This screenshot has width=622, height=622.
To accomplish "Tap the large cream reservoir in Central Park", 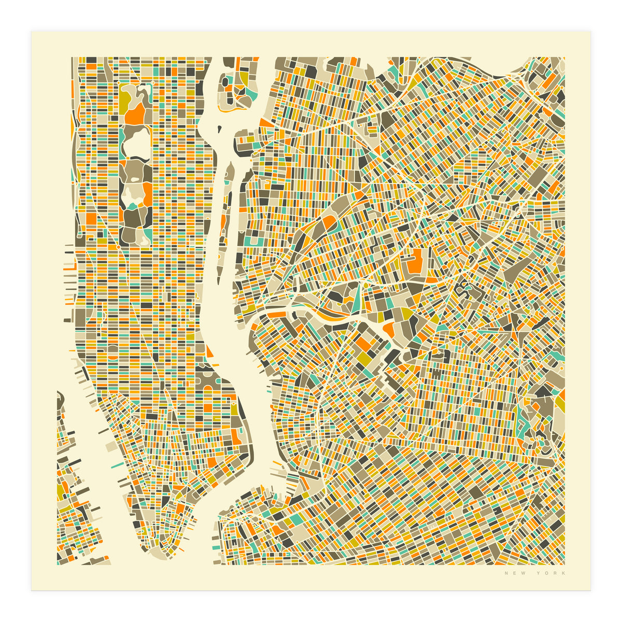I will [136, 142].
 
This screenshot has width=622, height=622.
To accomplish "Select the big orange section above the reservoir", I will [135, 114].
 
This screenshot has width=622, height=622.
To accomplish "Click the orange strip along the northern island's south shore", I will [228, 110].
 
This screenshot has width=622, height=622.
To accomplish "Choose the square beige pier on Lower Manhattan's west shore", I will [110, 446].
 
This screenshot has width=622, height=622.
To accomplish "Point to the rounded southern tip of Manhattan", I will [150, 553].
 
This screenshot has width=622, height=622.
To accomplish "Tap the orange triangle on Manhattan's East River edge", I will [209, 352].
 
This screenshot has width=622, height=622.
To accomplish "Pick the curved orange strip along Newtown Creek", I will [327, 314].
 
